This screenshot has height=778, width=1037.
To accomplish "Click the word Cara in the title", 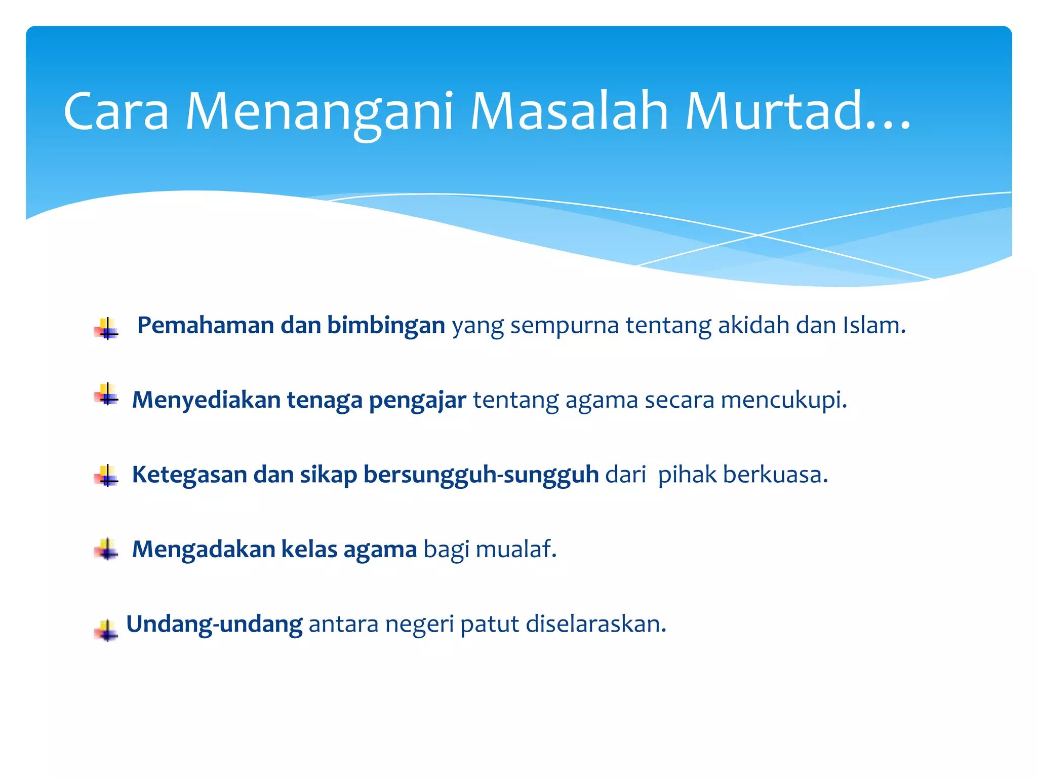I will coord(116,112).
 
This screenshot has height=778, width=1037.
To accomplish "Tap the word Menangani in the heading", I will coord(320,112).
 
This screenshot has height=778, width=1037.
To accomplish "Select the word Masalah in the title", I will coord(569,112).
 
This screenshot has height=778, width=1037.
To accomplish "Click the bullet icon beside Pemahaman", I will coord(106,328).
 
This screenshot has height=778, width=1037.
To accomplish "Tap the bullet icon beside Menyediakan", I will coord(106,394).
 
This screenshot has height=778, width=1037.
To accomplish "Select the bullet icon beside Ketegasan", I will coord(106,476).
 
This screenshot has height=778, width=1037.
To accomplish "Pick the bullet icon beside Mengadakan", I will coord(106,550).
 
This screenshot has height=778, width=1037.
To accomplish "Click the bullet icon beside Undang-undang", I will coord(106,631).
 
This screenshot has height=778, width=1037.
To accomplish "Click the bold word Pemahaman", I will coord(206,325).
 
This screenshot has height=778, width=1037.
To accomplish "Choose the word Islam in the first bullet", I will coord(873,325).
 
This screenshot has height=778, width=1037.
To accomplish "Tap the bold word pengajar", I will coord(417,400).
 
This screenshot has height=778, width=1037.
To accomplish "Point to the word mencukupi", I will coord(783,400).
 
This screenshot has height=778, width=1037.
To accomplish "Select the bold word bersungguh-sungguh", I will coord(481,475).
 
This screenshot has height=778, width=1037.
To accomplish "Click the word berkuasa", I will coord(775,475).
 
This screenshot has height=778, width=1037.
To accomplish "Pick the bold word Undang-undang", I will coord(214,625).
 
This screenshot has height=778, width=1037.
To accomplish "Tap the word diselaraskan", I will coord(595,625).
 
